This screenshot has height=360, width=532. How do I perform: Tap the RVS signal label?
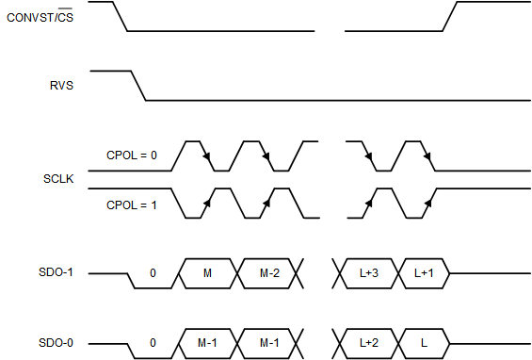pyautogui.click(x=62, y=85)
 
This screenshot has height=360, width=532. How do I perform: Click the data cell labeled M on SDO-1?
pyautogui.click(x=208, y=273)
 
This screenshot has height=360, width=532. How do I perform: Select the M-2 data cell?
pyautogui.click(x=269, y=273)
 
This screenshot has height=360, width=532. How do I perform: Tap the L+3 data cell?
pyautogui.click(x=368, y=273)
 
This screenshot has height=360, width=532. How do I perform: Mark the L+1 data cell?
pyautogui.click(x=427, y=273)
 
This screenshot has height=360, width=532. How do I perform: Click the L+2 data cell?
pyautogui.click(x=368, y=343)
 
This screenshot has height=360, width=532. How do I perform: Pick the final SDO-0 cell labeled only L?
pyautogui.click(x=427, y=343)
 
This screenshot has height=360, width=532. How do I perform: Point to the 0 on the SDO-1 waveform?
pyautogui.click(x=153, y=273)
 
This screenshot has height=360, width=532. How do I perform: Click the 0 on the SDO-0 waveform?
pyautogui.click(x=153, y=343)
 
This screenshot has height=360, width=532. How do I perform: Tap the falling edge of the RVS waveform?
pyautogui.click(x=138, y=85)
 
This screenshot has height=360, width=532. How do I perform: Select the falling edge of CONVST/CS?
pyautogui.click(x=120, y=16)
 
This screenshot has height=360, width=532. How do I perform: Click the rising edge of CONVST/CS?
pyautogui.click(x=449, y=16)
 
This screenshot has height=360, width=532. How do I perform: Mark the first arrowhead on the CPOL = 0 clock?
pyautogui.click(x=205, y=156)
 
